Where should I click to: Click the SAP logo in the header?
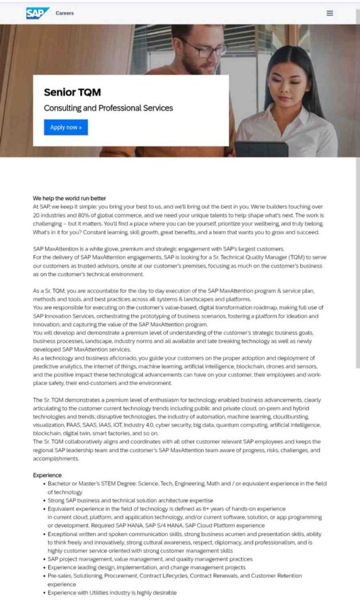(37, 12)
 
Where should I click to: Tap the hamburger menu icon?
(330, 13)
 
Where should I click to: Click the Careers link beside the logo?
(65, 13)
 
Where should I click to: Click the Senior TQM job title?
(72, 92)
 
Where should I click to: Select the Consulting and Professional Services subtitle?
(108, 108)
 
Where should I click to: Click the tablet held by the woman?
(261, 148)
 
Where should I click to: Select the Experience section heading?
(47, 475)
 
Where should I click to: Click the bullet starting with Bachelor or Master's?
(187, 484)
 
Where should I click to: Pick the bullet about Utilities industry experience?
(112, 592)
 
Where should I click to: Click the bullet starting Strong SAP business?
(130, 501)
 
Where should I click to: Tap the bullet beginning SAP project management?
(150, 559)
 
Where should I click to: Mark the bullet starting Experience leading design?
(146, 567)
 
